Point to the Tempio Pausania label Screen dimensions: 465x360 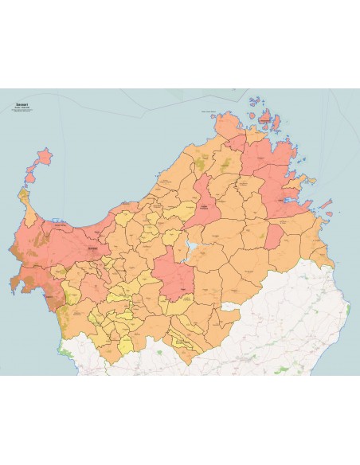click(209, 208)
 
